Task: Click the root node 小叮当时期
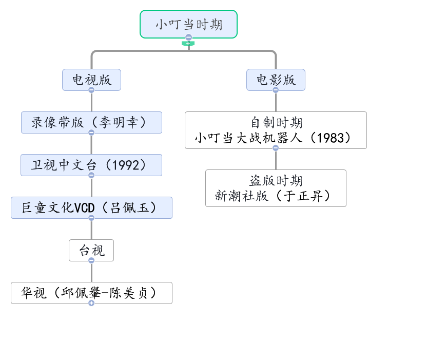pos(188,24)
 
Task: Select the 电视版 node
pos(91,80)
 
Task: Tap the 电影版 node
pos(275,80)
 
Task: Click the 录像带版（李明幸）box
pos(91,122)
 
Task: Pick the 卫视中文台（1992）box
pos(91,165)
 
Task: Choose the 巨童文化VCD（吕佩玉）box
pos(91,207)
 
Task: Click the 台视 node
pos(91,250)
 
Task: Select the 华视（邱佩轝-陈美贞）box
pos(91,293)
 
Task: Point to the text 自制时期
pos(276,123)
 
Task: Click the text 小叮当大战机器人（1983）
pos(276,138)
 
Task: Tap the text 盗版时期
pos(276,181)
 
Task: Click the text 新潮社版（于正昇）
pos(276,196)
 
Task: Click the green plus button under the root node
pos(188,44)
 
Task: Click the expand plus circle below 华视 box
pos(91,304)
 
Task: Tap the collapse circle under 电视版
pos(91,90)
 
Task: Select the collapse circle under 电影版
pos(275,90)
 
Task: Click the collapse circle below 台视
pos(91,260)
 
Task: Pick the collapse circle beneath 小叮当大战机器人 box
pos(276,148)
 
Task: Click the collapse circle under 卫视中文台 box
pos(91,175)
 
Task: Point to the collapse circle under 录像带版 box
pos(91,132)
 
